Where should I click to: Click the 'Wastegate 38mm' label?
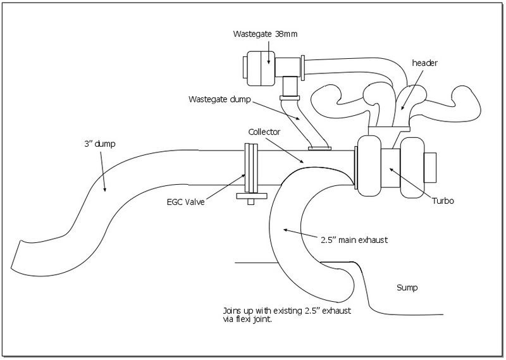[265, 34]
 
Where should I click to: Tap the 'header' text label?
[424, 63]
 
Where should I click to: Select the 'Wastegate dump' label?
[219, 99]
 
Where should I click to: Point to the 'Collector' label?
[264, 132]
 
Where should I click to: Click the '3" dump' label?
[100, 144]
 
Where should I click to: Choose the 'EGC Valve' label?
[185, 202]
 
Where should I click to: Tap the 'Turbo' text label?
[443, 201]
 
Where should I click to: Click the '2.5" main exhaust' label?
[354, 240]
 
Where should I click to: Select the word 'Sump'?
[407, 288]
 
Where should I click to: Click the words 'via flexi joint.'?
[247, 320]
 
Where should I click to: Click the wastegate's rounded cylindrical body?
[261, 68]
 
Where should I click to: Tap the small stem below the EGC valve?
[250, 201]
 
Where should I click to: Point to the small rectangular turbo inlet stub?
[430, 167]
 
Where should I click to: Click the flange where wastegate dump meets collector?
[319, 149]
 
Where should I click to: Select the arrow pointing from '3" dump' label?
[102, 171]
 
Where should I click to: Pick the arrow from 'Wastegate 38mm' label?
[268, 52]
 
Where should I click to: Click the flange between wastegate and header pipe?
[303, 68]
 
